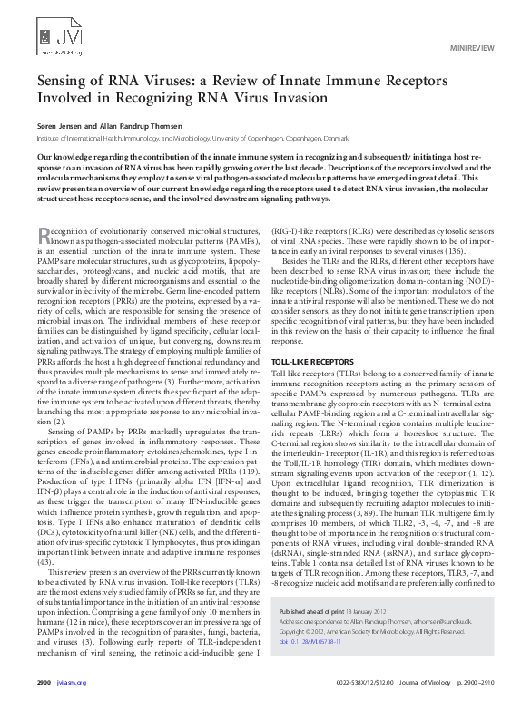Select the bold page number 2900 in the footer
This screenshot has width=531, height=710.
pyautogui.click(x=43, y=680)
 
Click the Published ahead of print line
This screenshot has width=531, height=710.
pyautogui.click(x=332, y=614)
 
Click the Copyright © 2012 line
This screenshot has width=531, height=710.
pyautogui.click(x=363, y=632)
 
